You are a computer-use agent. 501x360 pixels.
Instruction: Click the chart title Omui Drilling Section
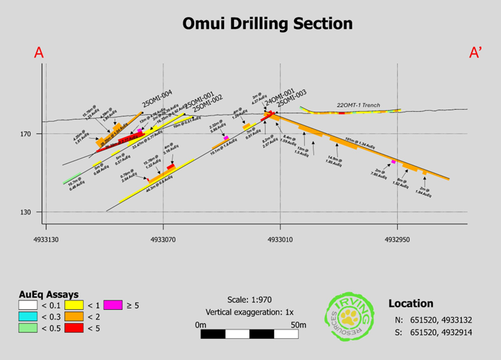pos(268,24)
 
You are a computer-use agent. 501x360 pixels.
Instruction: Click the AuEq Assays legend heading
pos(49,293)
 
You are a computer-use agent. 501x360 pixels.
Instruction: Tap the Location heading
pos(410,303)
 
